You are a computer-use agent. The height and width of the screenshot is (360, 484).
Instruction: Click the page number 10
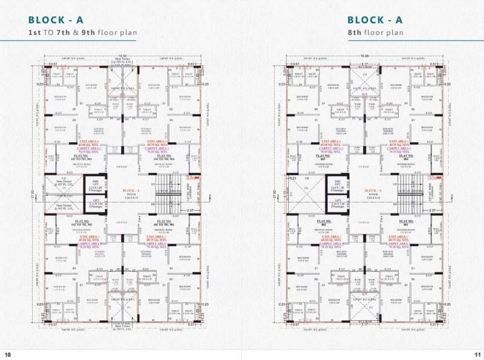click(8, 354)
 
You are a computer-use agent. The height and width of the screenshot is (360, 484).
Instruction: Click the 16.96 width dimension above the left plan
click(123, 56)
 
